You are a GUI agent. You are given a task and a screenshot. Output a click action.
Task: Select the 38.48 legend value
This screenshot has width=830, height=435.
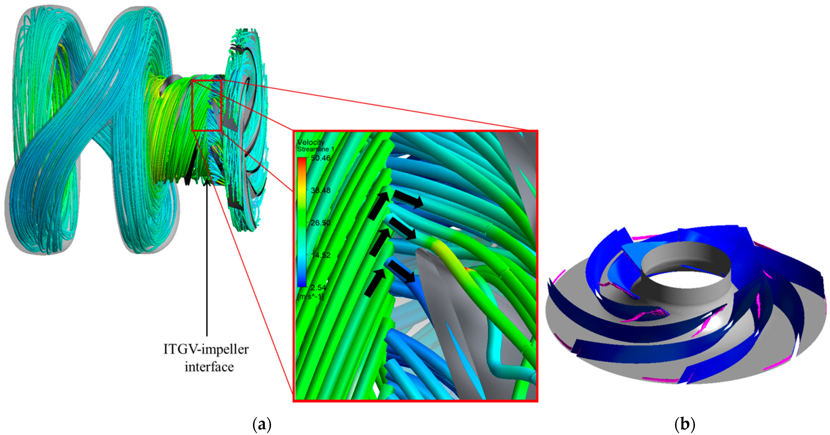(320, 190)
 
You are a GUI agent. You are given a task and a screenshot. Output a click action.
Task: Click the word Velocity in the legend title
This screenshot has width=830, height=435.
(311, 142)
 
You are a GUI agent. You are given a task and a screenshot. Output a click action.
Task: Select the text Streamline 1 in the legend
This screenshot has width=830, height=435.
(315, 149)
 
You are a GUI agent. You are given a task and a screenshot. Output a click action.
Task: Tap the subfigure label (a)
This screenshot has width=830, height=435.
(261, 424)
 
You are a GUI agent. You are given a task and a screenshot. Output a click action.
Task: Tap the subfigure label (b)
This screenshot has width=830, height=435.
(684, 424)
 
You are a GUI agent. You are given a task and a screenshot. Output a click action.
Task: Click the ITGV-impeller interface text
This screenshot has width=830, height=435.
(206, 358)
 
